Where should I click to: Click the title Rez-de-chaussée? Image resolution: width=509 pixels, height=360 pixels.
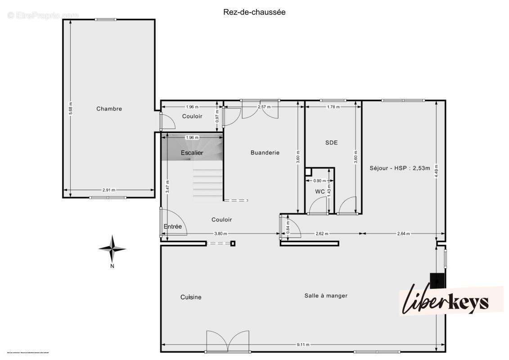254,12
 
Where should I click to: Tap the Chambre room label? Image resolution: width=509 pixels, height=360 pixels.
109,108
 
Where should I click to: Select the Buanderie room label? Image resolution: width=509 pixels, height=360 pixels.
265,153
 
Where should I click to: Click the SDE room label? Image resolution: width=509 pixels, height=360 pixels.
331,143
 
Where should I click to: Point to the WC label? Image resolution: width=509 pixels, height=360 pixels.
320,191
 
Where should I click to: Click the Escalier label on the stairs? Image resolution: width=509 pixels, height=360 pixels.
192,153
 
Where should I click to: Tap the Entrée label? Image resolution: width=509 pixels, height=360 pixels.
173,226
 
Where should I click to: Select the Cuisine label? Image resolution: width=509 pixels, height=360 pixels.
191,297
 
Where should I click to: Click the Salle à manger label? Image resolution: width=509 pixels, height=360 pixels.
326,296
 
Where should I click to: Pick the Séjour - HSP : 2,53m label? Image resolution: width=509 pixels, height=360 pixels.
400,168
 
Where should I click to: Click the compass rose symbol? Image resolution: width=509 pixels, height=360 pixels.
112,248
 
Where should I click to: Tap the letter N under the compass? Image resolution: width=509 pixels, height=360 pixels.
112,266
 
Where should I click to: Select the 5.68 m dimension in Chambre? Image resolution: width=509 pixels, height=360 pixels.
70,108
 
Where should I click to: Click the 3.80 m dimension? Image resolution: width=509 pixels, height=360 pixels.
221,234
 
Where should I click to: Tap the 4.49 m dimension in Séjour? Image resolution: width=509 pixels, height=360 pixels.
436,171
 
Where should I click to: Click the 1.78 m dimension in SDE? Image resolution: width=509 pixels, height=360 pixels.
333,107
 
